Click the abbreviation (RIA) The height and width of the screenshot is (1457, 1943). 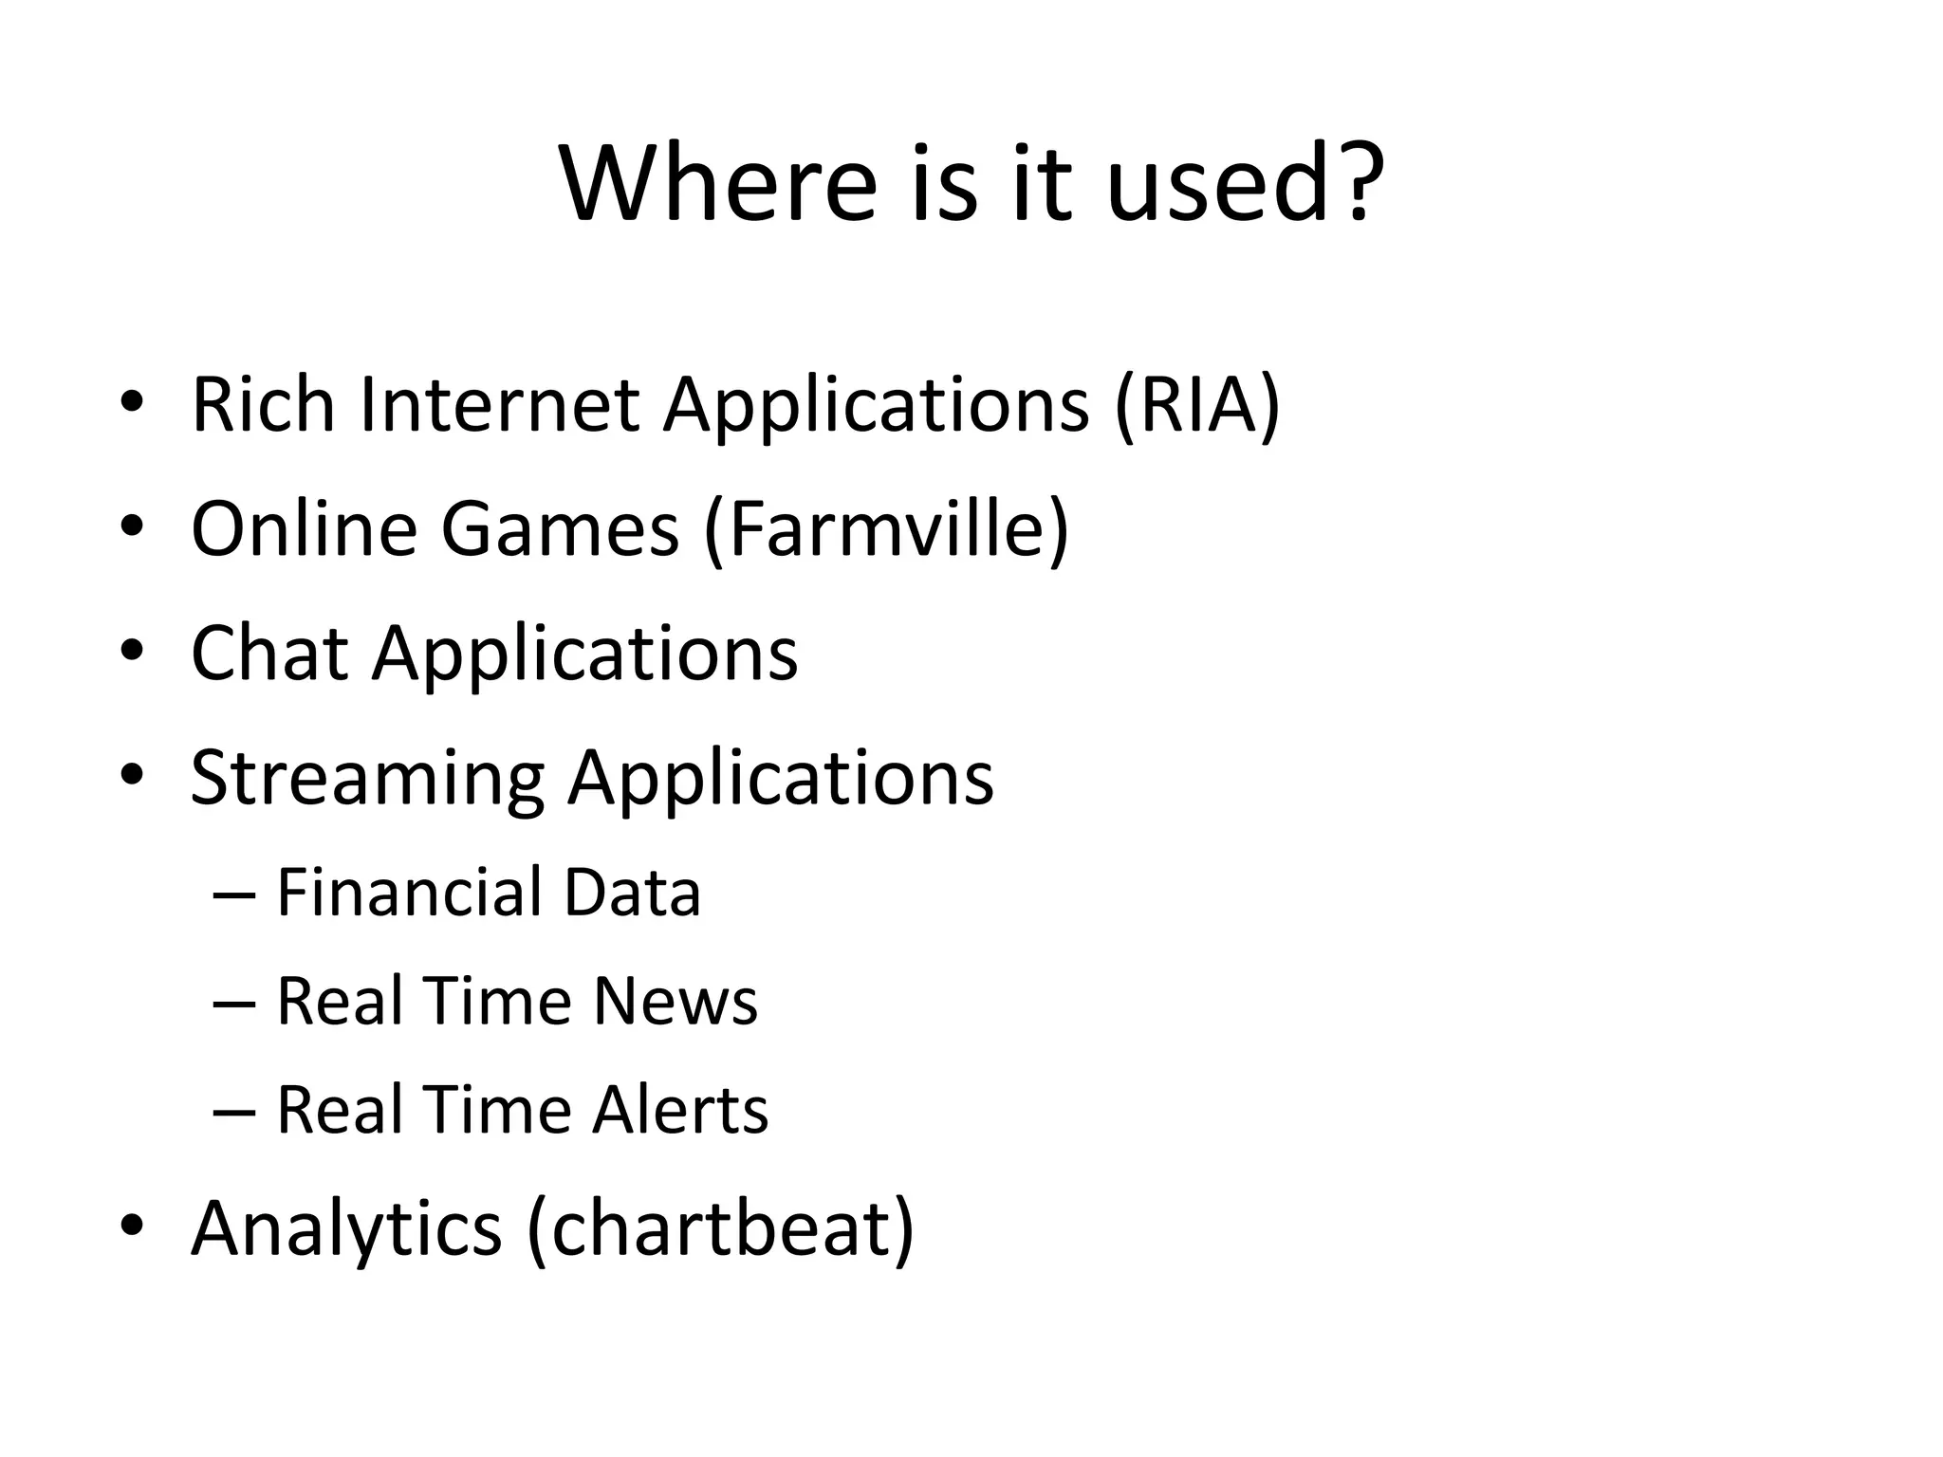click(1196, 406)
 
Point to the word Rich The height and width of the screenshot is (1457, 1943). click(263, 404)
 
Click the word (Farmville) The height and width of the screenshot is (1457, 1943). click(886, 529)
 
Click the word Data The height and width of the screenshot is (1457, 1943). click(632, 893)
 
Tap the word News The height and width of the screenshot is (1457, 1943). click(675, 1002)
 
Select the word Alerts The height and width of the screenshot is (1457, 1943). click(680, 1110)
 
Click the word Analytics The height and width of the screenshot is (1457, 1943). click(346, 1229)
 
